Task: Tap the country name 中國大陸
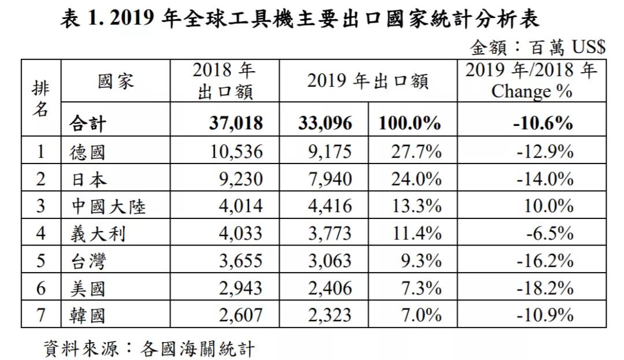coord(108,206)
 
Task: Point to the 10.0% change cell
coord(548,206)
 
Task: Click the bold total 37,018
coord(236,123)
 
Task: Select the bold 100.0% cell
coord(410,123)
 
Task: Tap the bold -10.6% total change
coord(544,123)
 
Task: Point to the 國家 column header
coord(115,81)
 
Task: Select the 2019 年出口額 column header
coord(367,81)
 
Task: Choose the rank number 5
coord(40,261)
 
